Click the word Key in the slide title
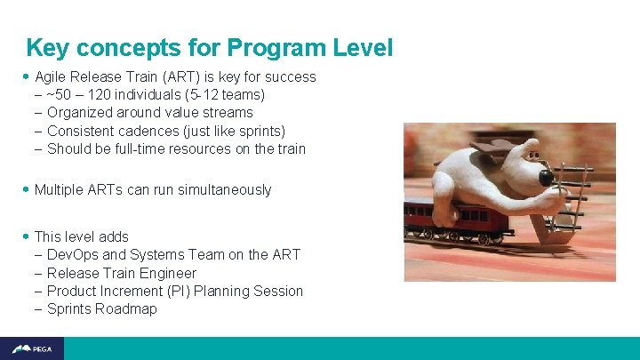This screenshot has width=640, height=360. (45, 48)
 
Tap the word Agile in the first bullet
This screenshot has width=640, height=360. (52, 76)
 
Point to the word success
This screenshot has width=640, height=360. (291, 76)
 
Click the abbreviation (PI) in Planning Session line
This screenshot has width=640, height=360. (177, 291)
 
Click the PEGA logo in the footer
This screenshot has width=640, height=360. (32, 348)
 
